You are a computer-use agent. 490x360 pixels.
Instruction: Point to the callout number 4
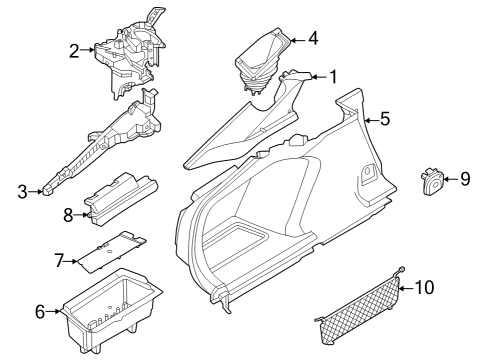(x=313, y=40)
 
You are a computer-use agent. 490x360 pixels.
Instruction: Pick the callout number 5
(x=386, y=121)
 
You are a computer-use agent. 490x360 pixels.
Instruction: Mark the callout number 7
(x=59, y=261)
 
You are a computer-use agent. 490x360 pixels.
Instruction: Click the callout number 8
(x=68, y=213)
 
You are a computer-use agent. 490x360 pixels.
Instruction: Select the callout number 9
(x=464, y=179)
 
